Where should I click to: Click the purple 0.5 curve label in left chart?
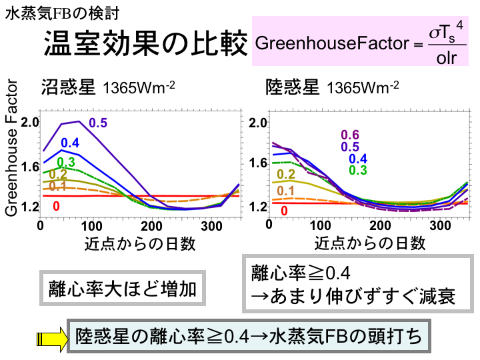coord(98,123)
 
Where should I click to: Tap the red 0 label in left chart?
coord(56,205)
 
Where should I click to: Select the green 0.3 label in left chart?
coord(66,163)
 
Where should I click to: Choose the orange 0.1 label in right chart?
coord(286,191)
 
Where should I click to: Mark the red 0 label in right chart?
coord(284,211)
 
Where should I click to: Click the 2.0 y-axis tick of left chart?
coord(31,123)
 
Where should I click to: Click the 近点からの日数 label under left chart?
coord(140,243)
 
